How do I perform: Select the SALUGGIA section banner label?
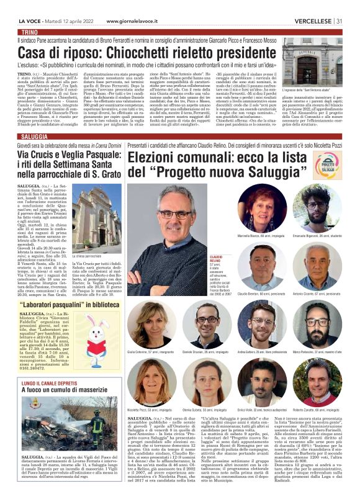tap(34, 136)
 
